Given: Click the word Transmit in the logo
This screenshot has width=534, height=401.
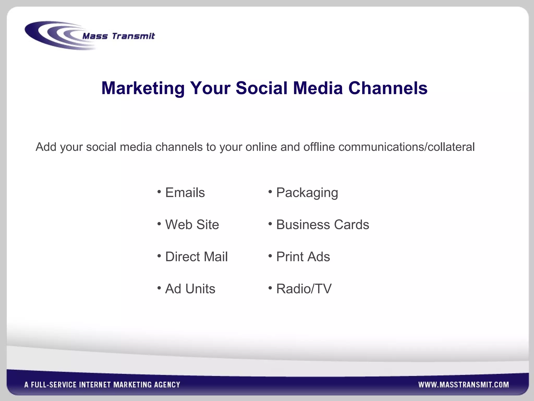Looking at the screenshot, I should pyautogui.click(x=133, y=36).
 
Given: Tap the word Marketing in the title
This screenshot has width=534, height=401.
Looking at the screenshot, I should pyautogui.click(x=143, y=88).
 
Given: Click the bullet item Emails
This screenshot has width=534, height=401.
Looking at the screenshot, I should pyautogui.click(x=185, y=193).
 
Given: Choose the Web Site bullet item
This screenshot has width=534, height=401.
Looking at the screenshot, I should pyautogui.click(x=192, y=225).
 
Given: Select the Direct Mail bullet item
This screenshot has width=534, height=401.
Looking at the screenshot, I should pyautogui.click(x=196, y=257).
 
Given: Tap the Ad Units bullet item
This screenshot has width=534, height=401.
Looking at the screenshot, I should pyautogui.click(x=190, y=289).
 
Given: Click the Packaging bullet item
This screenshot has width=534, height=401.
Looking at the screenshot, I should pyautogui.click(x=307, y=193).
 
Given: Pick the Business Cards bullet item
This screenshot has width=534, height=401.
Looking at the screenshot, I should pyautogui.click(x=323, y=225).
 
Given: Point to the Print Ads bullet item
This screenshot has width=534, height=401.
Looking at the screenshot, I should pyautogui.click(x=303, y=257).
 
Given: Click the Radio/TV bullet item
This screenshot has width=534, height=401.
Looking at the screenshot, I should pyautogui.click(x=304, y=289).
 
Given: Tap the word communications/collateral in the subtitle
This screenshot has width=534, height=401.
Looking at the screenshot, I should pyautogui.click(x=406, y=147).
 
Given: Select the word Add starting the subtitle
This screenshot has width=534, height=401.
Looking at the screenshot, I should pyautogui.click(x=46, y=147).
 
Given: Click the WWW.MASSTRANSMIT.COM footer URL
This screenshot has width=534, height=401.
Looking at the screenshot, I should pyautogui.click(x=463, y=385).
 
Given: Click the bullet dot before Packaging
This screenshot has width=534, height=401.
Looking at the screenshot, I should pyautogui.click(x=270, y=192).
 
